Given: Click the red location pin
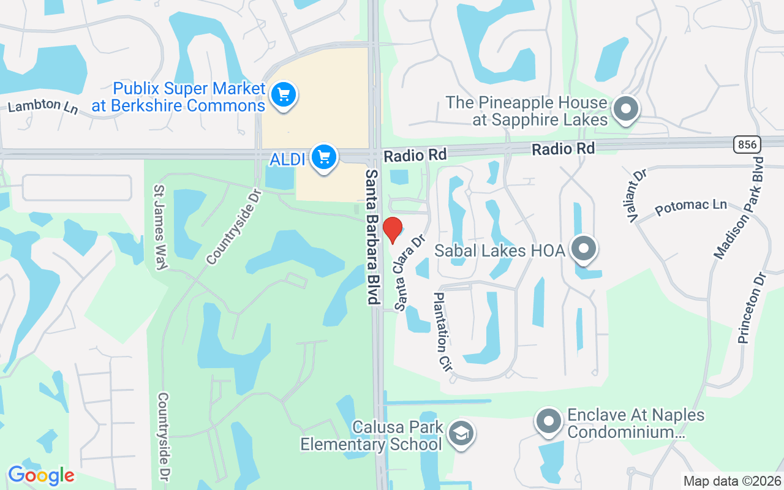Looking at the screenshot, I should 393,230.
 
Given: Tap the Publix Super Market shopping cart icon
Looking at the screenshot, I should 283,95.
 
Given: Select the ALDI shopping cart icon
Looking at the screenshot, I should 323,158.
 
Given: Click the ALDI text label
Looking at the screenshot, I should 287,160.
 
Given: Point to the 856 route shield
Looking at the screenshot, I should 747,145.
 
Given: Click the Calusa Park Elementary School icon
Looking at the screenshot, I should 457,433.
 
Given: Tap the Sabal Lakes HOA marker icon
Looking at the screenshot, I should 584,249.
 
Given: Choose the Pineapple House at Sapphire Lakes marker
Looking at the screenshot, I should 625,110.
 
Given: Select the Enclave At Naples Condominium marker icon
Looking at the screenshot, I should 549,422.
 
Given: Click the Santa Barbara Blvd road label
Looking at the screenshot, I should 372,237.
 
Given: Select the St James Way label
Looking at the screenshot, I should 161,227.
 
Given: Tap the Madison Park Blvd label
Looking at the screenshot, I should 739,208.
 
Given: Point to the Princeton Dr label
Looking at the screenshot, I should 752,307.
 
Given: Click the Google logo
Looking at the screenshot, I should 41,475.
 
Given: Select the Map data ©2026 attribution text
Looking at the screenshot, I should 732,481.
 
